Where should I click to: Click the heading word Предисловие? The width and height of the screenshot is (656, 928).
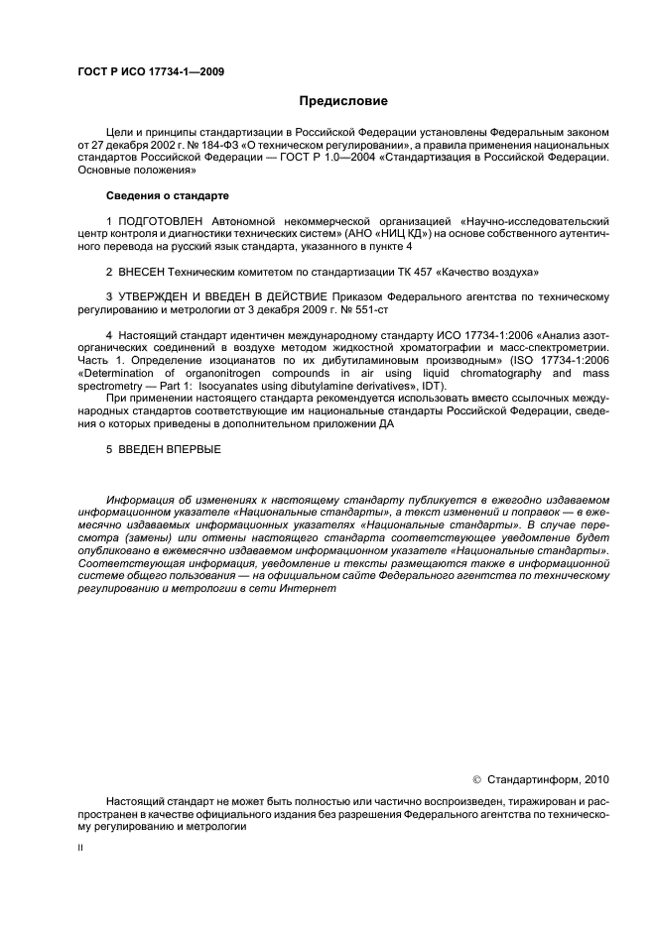344,101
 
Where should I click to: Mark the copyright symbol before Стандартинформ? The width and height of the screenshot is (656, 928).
476,779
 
